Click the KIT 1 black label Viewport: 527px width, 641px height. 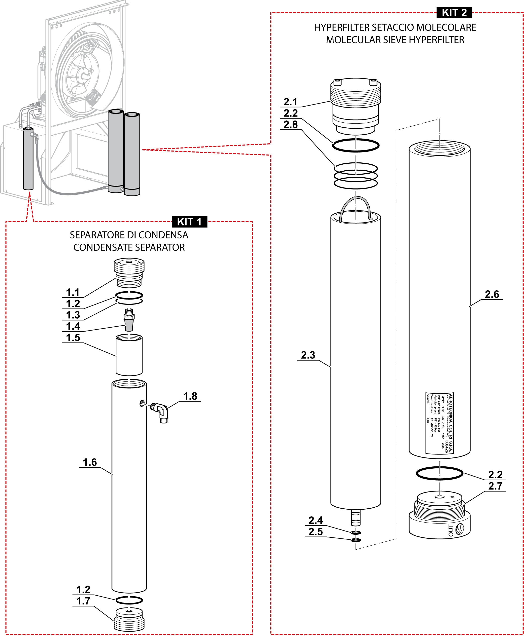tap(189, 222)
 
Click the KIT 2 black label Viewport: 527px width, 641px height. tap(454, 13)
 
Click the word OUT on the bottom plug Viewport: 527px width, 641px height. tap(451, 530)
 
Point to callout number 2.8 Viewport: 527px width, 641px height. tap(290, 124)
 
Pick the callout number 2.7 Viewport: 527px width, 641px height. tap(495, 486)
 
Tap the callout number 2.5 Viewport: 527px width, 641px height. tap(316, 531)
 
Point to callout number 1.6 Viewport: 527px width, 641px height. tap(90, 462)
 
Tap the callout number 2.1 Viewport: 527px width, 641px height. tap(290, 102)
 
